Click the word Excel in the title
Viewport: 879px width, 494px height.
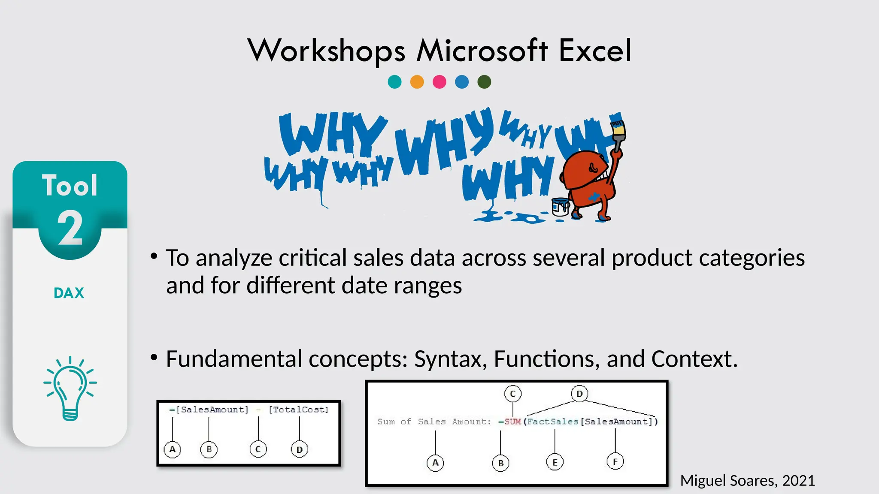(x=595, y=51)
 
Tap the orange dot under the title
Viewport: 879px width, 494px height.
(x=417, y=81)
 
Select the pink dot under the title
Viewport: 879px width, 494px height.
(x=439, y=81)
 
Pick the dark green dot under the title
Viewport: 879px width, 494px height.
(x=484, y=81)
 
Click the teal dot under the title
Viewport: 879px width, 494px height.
(x=394, y=81)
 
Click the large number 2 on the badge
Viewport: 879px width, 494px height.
(x=70, y=229)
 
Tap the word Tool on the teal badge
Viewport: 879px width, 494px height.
(x=70, y=186)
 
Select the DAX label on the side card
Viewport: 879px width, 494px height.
(x=69, y=293)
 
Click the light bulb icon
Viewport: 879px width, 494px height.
(x=70, y=388)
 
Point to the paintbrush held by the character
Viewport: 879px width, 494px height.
(x=618, y=133)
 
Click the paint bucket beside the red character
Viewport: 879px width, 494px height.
(x=560, y=207)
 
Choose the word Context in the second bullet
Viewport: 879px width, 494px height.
(x=694, y=359)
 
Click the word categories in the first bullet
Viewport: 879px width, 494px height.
(x=752, y=258)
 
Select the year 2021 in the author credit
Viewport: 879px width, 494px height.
(x=798, y=481)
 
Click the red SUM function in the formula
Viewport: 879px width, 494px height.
(x=512, y=422)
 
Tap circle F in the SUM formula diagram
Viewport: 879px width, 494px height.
(x=615, y=462)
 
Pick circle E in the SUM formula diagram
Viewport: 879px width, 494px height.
(x=555, y=462)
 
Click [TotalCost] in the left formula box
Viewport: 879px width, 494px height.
(x=299, y=410)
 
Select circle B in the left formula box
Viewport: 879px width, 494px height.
(x=209, y=449)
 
